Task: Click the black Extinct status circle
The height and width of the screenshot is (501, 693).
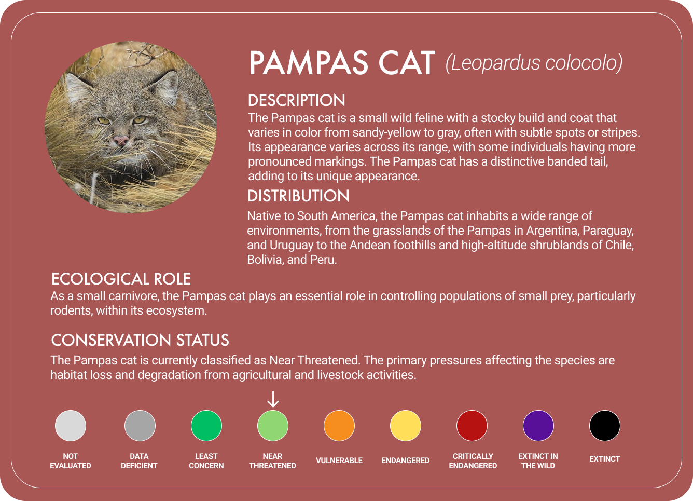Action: coord(605,426)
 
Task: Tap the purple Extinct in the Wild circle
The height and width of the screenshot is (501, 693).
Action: coord(538,426)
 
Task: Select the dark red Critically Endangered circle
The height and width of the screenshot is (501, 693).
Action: coord(472,426)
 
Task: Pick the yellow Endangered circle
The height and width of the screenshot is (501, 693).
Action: coord(406,426)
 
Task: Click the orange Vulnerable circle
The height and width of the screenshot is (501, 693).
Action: coord(339,426)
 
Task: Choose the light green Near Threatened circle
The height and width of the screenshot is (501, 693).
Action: coord(273,426)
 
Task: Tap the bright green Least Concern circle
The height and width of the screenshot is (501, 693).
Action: coord(206,426)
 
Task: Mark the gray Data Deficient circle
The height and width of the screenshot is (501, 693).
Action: coord(140,426)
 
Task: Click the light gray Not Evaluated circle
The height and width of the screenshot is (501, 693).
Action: coord(71,426)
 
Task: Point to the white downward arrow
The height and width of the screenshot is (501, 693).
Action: coord(273,399)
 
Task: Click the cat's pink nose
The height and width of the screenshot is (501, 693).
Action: coord(121,140)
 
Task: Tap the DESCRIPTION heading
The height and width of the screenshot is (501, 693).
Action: coord(297,100)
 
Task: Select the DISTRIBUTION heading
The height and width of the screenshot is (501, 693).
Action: coord(298,196)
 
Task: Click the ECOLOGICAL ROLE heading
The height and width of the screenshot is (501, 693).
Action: coord(121,279)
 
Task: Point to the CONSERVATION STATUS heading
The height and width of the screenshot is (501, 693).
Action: coord(140,340)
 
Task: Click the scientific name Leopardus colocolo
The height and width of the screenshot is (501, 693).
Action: coord(534,63)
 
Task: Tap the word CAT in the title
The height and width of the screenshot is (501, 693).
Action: coord(406,63)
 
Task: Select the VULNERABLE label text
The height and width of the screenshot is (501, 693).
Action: coord(339,461)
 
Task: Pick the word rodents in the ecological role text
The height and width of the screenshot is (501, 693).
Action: coord(70,311)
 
